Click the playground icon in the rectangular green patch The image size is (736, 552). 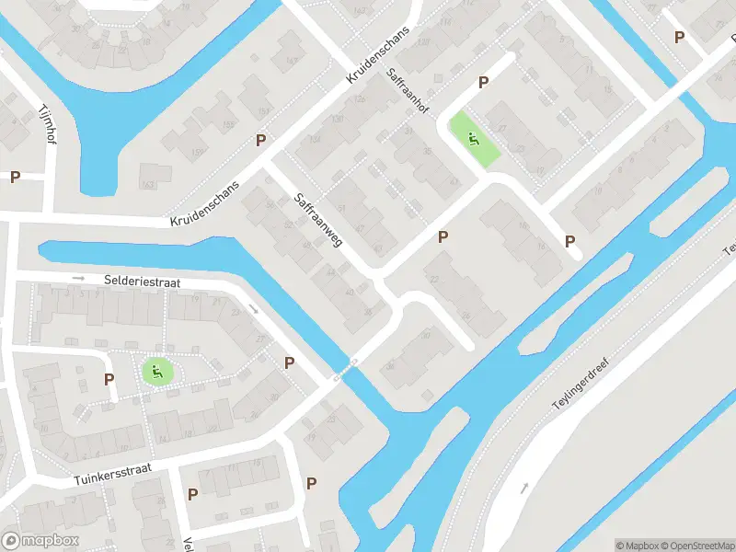474,140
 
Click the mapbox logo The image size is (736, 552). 40,541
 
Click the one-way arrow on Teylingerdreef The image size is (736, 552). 524,488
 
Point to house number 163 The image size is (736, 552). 150,185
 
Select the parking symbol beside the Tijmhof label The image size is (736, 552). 15,177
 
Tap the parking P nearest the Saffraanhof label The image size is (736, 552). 483,83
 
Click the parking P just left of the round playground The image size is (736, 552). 109,379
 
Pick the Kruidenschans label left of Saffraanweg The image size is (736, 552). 204,204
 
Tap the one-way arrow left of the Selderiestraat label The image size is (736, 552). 79,277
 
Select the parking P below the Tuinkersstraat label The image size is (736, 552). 192,494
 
